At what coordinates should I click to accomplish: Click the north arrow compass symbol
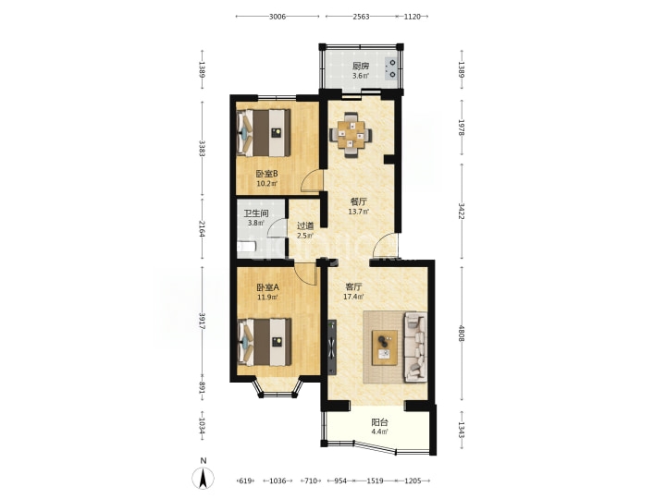[x=203, y=478]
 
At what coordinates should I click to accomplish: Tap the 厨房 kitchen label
[x=361, y=67]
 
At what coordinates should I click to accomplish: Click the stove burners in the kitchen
[x=392, y=68]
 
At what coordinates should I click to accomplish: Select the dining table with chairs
[x=351, y=135]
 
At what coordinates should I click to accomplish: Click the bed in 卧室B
[x=264, y=133]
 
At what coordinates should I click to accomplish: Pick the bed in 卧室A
[x=265, y=342]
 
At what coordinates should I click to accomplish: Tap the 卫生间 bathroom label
[x=255, y=213]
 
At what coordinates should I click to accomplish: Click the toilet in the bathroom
[x=246, y=248]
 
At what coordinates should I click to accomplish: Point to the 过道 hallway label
[x=305, y=226]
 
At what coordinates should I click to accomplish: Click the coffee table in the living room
[x=385, y=347]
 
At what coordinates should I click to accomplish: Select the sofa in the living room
[x=415, y=347]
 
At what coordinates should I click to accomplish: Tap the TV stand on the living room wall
[x=332, y=347]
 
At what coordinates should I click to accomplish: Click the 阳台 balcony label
[x=380, y=422]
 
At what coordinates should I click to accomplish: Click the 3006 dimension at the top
[x=277, y=17]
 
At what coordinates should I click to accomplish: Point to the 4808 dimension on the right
[x=462, y=333]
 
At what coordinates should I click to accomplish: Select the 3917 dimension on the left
[x=203, y=322]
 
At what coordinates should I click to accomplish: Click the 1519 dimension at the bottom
[x=375, y=481]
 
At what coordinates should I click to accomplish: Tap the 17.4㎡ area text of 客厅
[x=353, y=297]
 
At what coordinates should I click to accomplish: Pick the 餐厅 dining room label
[x=359, y=201]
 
